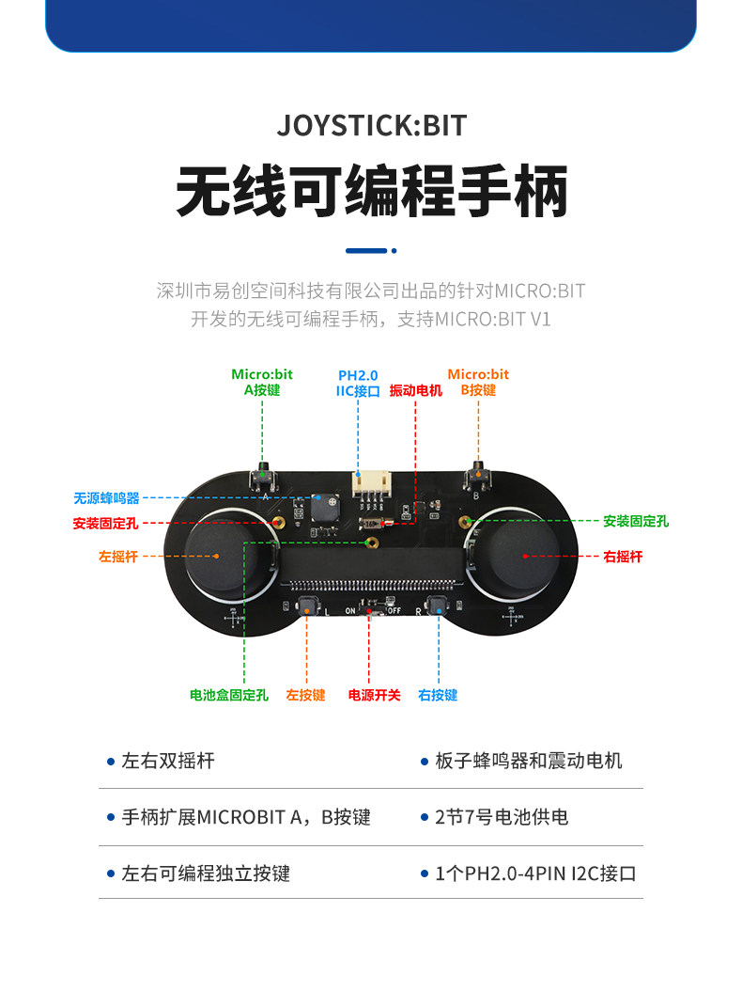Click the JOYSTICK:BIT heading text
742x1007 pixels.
tap(372, 126)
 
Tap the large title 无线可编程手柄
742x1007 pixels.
tap(372, 192)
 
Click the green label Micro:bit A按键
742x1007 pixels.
tap(262, 382)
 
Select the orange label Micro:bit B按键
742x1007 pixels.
tap(478, 382)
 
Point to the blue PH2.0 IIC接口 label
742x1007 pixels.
tap(358, 383)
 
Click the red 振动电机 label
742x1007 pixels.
tap(415, 390)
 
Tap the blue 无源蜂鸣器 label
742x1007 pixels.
tap(106, 498)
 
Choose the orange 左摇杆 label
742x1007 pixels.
tap(118, 557)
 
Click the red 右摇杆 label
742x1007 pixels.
tap(623, 557)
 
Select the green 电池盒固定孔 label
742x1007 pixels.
tap(229, 696)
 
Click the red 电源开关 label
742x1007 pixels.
tap(374, 696)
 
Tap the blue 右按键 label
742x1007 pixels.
tap(438, 696)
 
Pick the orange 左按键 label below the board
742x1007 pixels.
tap(305, 696)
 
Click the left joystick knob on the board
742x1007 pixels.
tap(218, 556)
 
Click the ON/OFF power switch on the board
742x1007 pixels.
tap(369, 611)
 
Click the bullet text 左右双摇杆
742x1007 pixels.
tap(168, 761)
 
